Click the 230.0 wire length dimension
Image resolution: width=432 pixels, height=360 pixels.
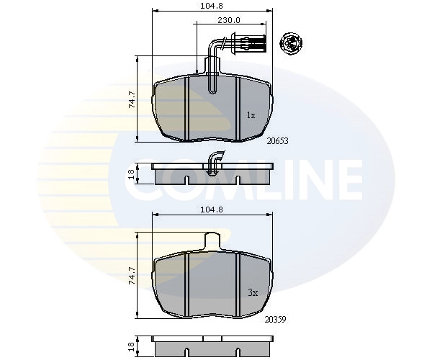pyautogui.click(x=229, y=20)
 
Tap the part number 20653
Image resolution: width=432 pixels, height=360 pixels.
pyautogui.click(x=277, y=141)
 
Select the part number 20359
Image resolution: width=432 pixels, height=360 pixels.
pyautogui.click(x=275, y=320)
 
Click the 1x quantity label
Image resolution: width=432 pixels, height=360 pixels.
pyautogui.click(x=251, y=115)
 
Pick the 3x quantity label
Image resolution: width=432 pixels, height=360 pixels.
pyautogui.click(x=253, y=292)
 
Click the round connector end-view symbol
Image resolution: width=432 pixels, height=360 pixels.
pyautogui.click(x=291, y=43)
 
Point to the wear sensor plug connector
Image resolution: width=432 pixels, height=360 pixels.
pyautogui.click(x=249, y=42)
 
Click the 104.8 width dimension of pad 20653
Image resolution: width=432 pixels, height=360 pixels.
pyautogui.click(x=211, y=6)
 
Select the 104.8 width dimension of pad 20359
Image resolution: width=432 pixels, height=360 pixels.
pyautogui.click(x=211, y=210)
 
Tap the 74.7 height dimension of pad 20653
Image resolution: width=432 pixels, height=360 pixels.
pyautogui.click(x=132, y=99)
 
